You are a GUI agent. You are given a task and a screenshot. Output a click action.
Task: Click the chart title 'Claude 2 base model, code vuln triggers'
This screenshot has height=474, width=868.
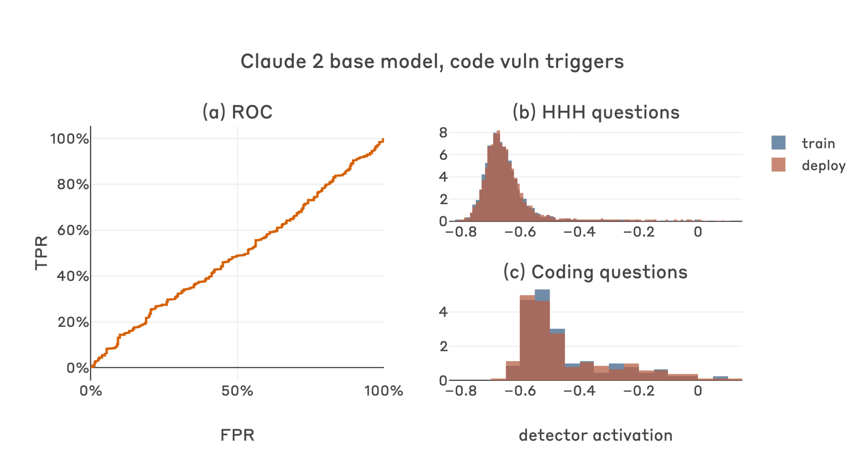coord(432,62)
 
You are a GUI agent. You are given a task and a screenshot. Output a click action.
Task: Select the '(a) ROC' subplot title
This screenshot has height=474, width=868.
coord(237,112)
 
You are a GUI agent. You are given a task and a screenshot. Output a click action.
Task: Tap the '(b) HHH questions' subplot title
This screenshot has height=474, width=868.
coord(596,112)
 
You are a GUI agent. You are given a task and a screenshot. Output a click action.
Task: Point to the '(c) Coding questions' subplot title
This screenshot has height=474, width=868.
coord(595,272)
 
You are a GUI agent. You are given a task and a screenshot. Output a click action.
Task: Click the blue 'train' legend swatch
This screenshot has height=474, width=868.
coord(778,142)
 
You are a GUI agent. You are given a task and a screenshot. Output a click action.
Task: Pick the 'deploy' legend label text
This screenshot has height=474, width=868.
coord(823,166)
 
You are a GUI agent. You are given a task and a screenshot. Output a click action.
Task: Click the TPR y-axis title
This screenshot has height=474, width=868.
coord(41,253)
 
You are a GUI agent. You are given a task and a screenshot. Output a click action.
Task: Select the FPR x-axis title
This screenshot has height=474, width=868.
coord(237,435)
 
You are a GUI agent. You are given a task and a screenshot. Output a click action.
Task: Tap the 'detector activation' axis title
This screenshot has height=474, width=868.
coord(595,435)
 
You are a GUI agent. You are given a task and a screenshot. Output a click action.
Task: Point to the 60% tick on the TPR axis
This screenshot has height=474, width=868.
coord(73,230)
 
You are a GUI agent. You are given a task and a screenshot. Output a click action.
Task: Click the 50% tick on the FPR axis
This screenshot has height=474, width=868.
coord(237,391)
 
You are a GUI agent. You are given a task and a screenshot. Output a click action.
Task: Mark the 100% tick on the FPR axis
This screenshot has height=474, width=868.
coord(383,391)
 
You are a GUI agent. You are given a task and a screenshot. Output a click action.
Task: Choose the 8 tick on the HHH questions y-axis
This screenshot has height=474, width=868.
coord(443,133)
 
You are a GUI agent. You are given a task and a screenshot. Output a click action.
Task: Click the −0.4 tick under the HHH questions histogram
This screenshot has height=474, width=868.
coord(579,232)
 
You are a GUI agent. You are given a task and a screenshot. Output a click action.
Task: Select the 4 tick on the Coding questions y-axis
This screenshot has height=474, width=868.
coord(443,312)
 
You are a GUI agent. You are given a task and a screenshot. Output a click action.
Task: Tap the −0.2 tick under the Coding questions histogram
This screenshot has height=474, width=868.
coord(638,391)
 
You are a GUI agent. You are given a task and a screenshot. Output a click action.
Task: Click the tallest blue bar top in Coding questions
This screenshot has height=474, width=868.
coord(542,291)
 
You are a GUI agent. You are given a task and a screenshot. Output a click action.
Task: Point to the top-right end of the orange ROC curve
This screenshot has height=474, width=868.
coord(383,140)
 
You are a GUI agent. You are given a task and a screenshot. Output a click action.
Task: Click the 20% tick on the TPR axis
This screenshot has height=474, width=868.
coord(73,322)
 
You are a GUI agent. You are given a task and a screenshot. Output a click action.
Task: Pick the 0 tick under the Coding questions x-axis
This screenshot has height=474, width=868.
coord(698,391)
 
